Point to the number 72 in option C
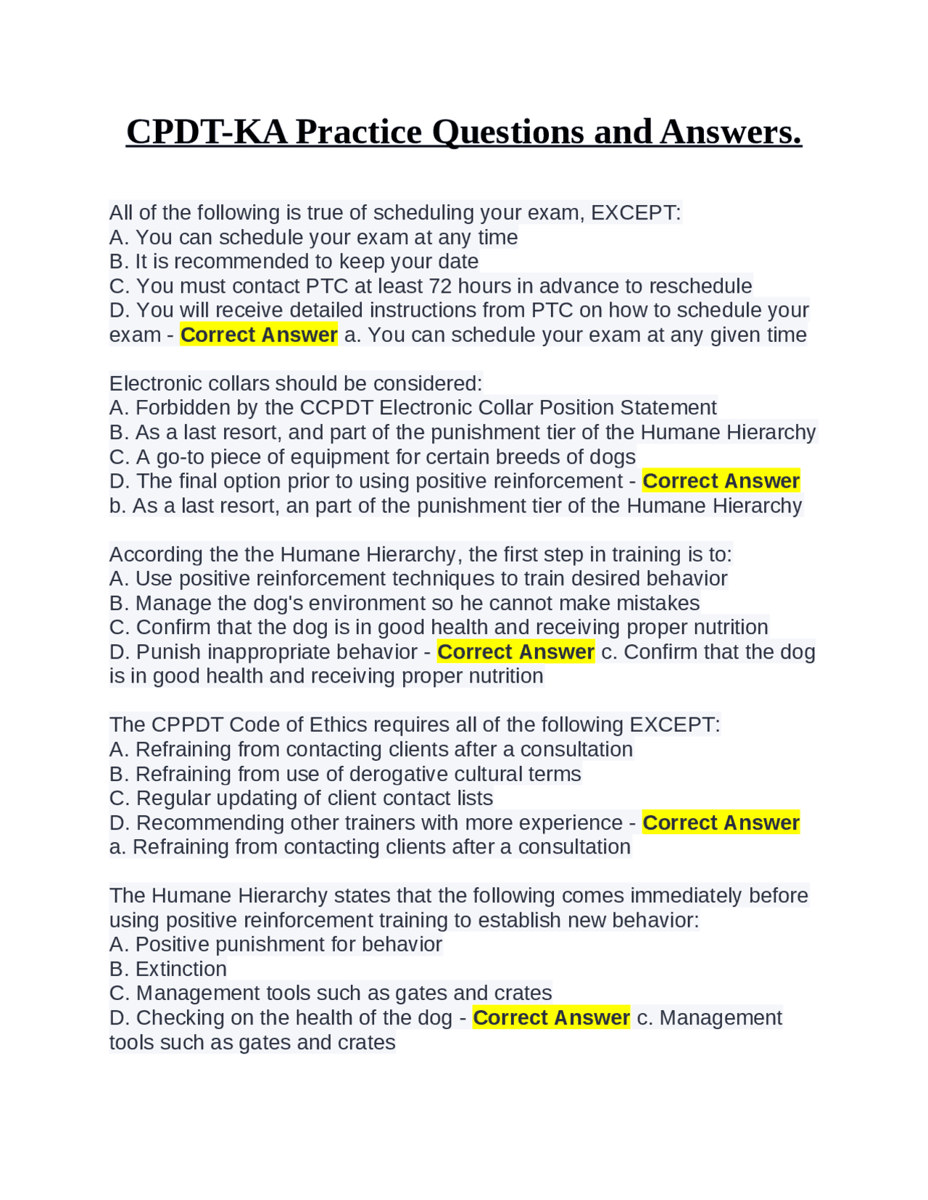[441, 286]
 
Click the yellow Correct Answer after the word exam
[259, 335]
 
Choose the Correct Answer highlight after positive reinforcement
[721, 481]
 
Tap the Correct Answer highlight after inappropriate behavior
[515, 652]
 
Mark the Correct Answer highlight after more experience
[721, 823]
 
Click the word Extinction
[181, 969]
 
